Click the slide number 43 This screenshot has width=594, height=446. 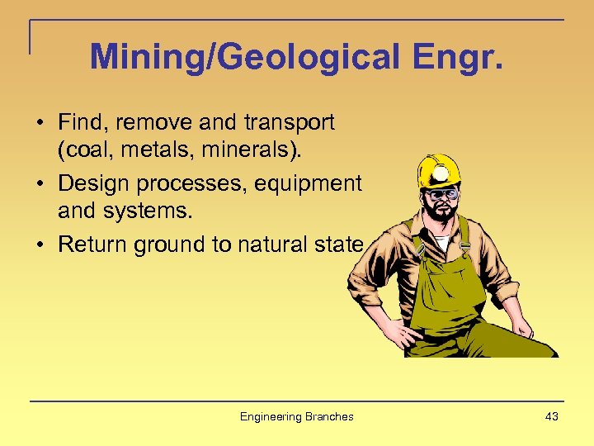pyautogui.click(x=551, y=416)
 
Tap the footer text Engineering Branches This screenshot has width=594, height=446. pyautogui.click(x=296, y=416)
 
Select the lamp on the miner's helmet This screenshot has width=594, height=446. pyautogui.click(x=442, y=173)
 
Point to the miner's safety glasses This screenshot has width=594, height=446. pyautogui.click(x=442, y=195)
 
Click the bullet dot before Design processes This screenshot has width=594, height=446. pyautogui.click(x=40, y=183)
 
